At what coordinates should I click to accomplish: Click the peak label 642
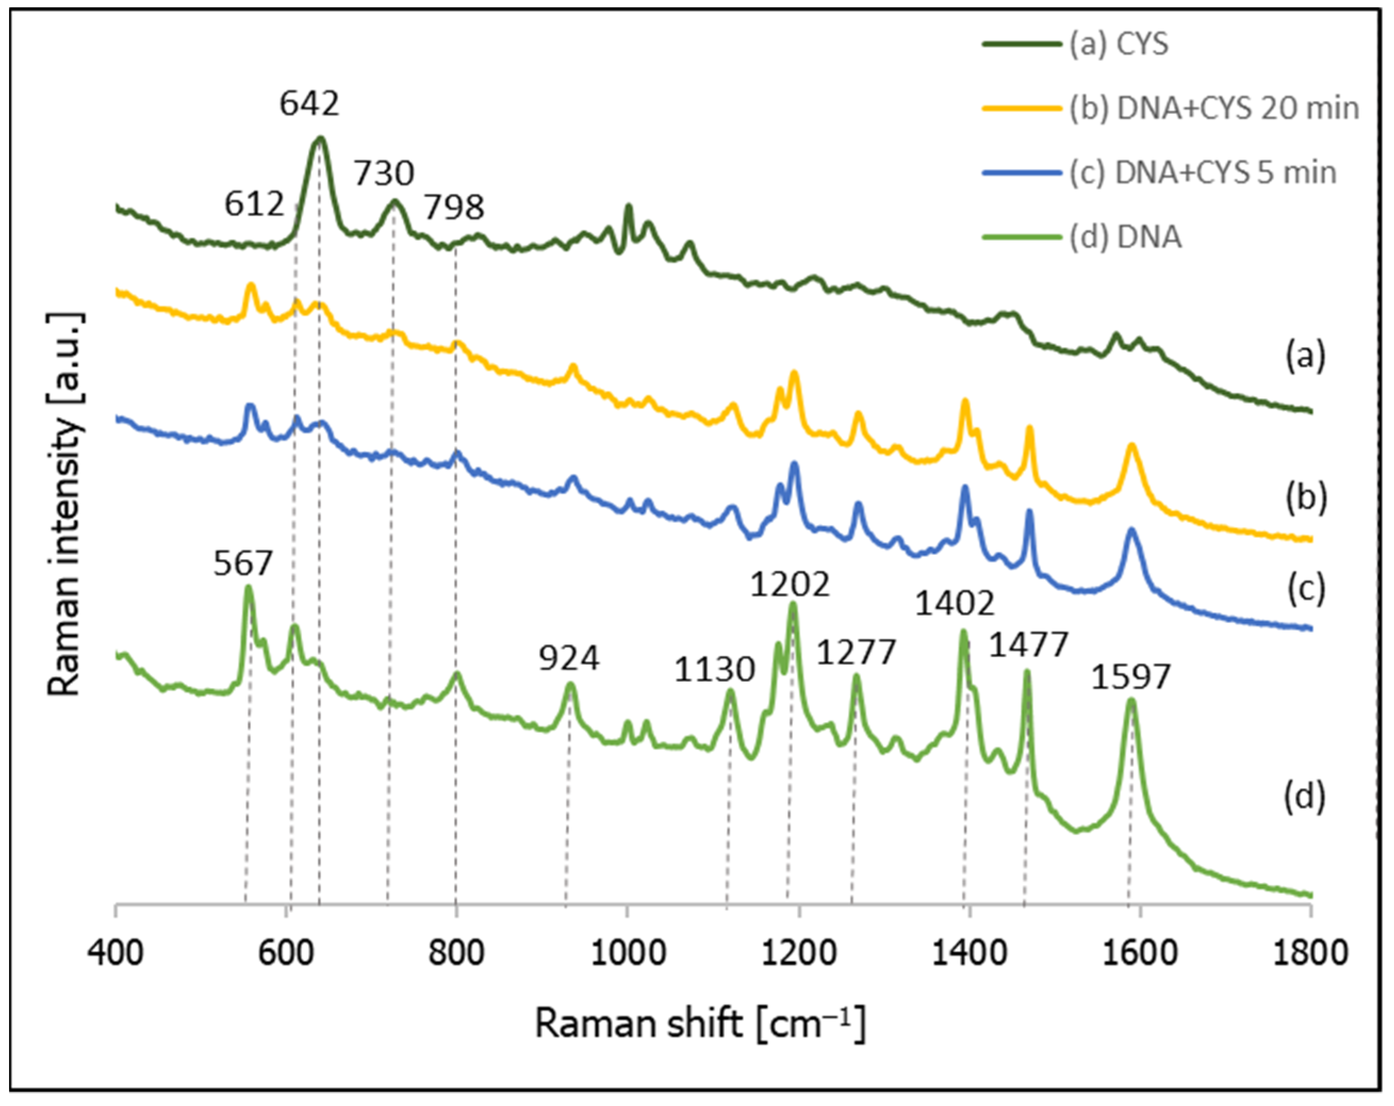(x=309, y=103)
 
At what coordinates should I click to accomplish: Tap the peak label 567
(x=243, y=563)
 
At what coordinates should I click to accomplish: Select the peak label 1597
(x=1131, y=678)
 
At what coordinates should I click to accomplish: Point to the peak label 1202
(x=789, y=585)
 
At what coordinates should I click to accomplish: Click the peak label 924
(x=569, y=658)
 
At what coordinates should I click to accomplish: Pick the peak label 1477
(x=1028, y=645)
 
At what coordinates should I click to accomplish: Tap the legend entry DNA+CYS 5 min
(x=1202, y=173)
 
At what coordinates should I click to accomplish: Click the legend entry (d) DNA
(x=1125, y=237)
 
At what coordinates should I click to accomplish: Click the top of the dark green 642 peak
(x=319, y=138)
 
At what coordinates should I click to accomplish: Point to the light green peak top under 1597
(x=1131, y=700)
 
